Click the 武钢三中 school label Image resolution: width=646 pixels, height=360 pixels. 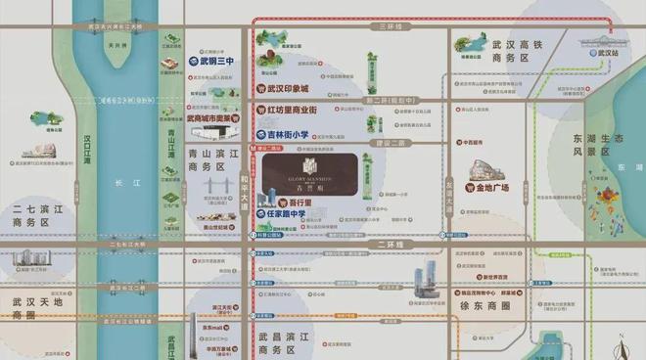pos(212,61)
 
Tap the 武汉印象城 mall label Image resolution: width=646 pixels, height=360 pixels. pos(295,90)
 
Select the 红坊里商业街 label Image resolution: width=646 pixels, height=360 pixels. pos(300,111)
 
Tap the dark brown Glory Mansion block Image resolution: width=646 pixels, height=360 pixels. pos(308,175)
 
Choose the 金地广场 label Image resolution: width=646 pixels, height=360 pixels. pos(503,186)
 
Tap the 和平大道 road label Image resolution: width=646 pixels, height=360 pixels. pos(246,186)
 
